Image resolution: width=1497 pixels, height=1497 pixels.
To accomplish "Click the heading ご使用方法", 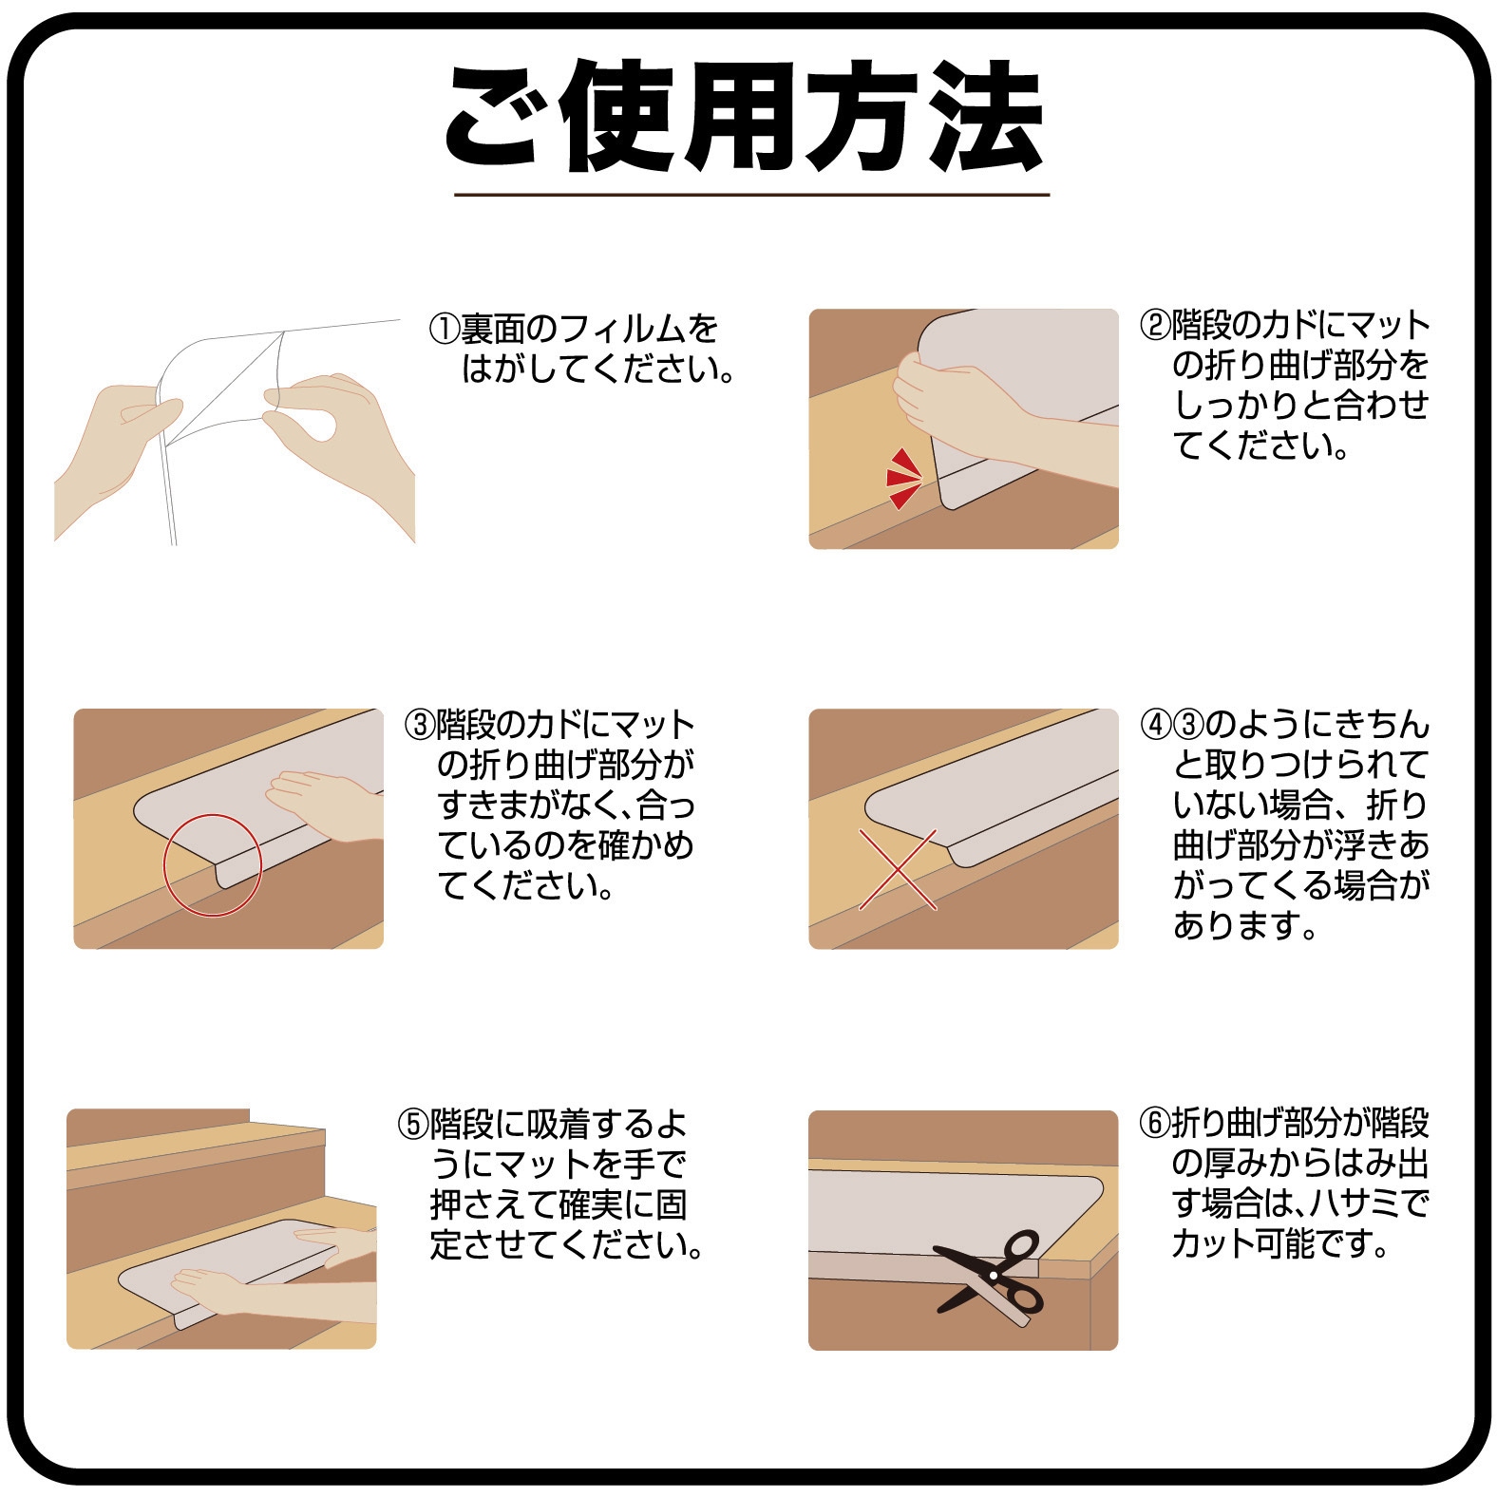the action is [747, 117].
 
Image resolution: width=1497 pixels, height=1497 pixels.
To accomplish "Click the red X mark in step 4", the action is [899, 869].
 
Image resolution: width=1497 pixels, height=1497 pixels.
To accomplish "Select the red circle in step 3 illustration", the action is [213, 865].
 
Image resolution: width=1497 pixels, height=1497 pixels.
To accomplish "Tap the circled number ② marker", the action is [1155, 325].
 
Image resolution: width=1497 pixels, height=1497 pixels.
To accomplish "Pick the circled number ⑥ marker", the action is [1155, 1124].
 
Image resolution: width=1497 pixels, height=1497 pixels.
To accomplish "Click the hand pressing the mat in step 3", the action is [323, 804].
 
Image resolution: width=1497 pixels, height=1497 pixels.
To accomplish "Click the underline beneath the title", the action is [751, 195].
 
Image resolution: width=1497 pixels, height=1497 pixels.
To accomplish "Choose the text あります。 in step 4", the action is [1246, 925].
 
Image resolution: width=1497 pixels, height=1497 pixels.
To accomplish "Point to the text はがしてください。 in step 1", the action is [598, 370].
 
